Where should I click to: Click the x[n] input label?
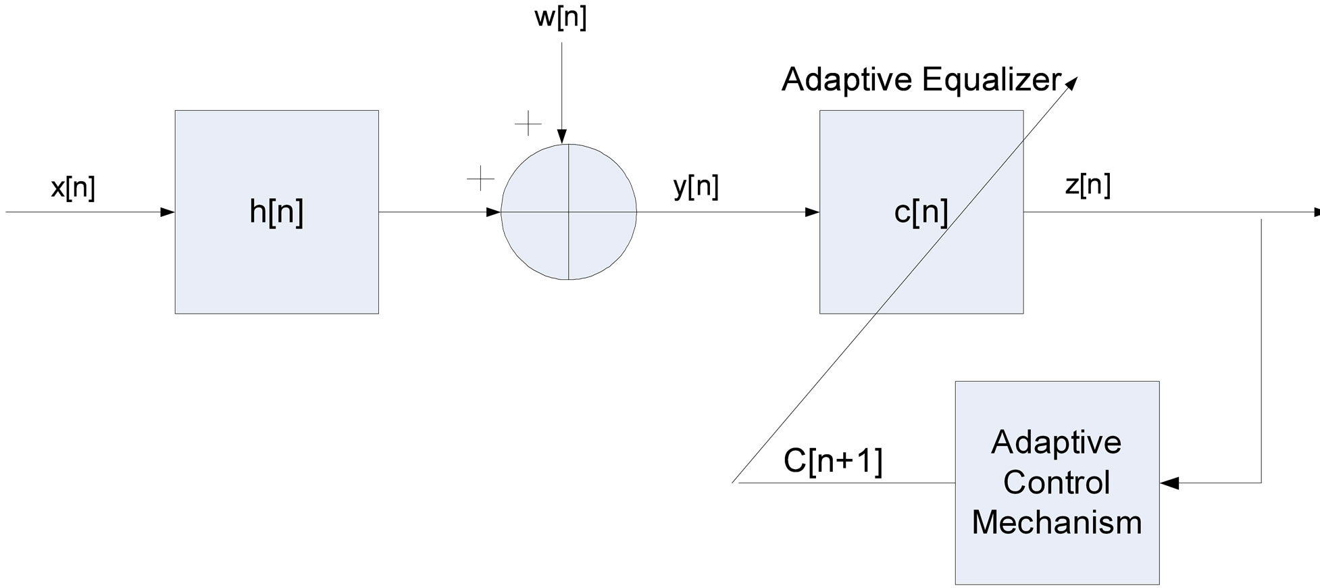(73, 188)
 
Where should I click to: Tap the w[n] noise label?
(561, 18)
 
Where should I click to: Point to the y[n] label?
(696, 186)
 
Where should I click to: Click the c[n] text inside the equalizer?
(920, 212)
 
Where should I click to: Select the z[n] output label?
(1088, 185)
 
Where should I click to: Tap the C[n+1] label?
(833, 462)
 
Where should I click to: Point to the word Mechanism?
(1057, 522)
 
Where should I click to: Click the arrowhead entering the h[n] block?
(168, 212)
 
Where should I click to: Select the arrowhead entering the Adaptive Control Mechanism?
(1169, 483)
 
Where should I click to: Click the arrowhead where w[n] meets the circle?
(561, 137)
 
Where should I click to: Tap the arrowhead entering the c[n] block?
(812, 212)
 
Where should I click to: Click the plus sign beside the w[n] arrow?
(528, 124)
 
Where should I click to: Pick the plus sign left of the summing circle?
(480, 178)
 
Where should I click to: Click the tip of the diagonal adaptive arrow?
(1074, 80)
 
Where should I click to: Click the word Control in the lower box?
(1057, 483)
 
